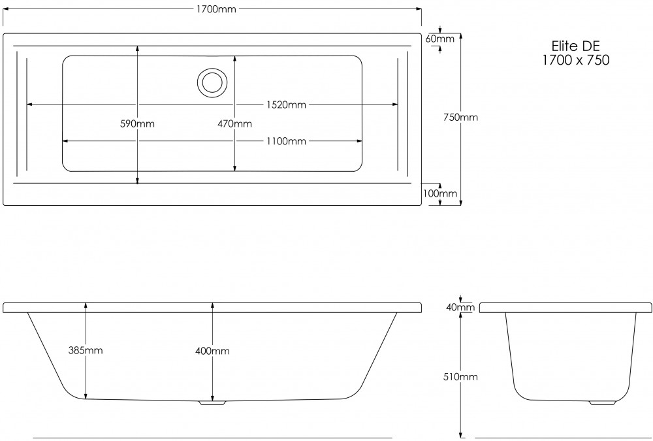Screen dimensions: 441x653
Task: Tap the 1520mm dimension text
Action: click(285, 105)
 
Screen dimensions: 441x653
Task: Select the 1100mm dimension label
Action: click(285, 141)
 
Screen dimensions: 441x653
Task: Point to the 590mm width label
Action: click(138, 123)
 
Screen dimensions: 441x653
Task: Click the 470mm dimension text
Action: click(234, 123)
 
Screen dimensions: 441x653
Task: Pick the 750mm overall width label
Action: click(461, 118)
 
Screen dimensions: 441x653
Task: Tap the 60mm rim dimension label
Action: click(439, 39)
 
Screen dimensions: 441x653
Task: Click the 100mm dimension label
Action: click(439, 193)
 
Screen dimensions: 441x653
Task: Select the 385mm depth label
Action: click(86, 351)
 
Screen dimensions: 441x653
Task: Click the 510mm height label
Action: click(461, 377)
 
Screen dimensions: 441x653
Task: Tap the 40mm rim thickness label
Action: click(461, 308)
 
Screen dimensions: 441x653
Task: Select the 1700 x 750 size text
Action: click(575, 60)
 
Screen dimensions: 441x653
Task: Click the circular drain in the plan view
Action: click(212, 82)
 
